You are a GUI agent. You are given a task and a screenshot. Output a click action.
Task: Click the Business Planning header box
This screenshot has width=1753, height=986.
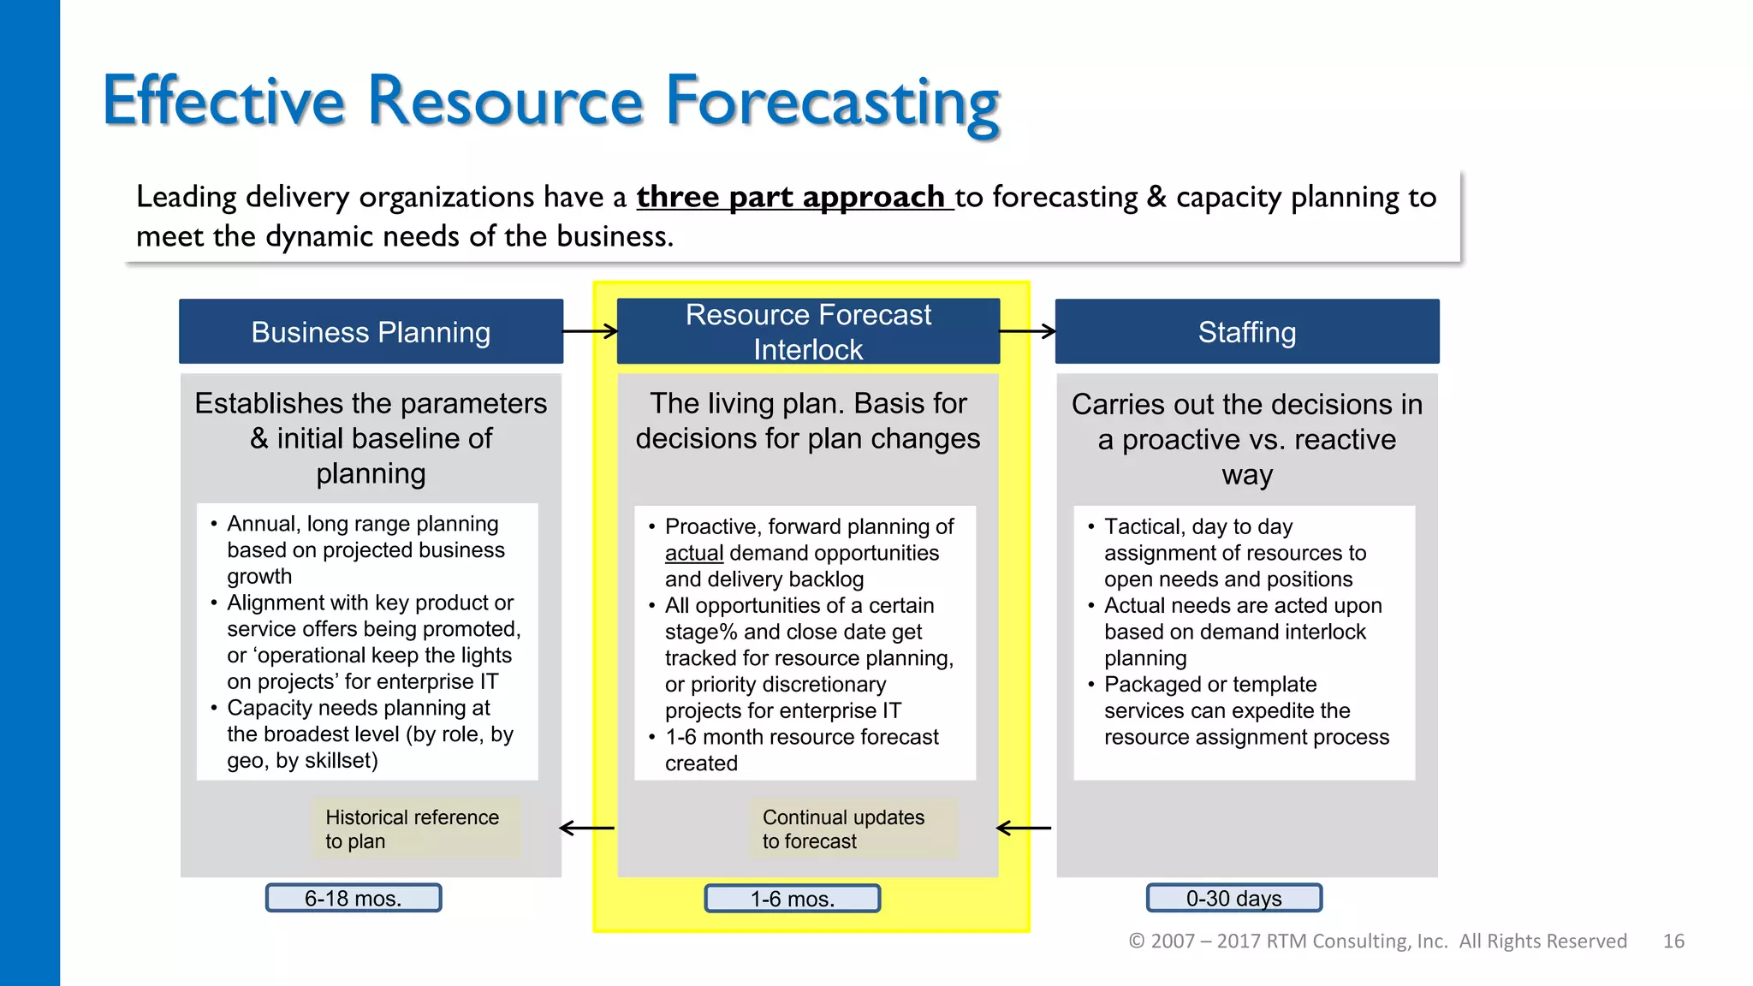click(x=371, y=331)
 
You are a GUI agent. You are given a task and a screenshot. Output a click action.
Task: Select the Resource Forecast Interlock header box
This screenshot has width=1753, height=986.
click(x=808, y=331)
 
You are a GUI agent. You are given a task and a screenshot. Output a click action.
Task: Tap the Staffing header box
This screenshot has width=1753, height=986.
click(x=1247, y=331)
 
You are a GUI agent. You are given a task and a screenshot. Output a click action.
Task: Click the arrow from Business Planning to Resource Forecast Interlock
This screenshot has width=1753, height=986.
click(x=590, y=331)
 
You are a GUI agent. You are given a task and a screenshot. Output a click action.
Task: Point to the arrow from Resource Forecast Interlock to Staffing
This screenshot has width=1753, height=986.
click(x=1027, y=331)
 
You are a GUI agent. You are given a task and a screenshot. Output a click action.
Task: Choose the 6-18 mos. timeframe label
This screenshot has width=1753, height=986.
click(x=354, y=898)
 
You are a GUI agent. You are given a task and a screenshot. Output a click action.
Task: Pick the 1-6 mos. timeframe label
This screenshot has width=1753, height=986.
click(x=792, y=899)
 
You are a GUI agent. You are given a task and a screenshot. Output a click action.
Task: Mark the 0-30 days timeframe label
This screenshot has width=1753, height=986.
click(x=1234, y=898)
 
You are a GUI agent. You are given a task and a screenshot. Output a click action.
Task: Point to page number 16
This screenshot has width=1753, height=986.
click(x=1673, y=941)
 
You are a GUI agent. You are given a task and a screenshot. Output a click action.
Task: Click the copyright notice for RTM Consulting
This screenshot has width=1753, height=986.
click(x=1377, y=941)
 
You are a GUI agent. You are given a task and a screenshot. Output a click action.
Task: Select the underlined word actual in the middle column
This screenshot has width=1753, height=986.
click(x=694, y=553)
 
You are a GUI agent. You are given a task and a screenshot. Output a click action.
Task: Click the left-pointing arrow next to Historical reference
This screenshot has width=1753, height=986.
click(x=586, y=828)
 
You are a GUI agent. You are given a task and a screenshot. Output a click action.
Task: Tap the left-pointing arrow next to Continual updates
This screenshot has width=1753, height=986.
click(x=1024, y=828)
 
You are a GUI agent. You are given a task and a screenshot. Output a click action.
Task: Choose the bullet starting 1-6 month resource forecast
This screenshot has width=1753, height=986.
click(x=801, y=750)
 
